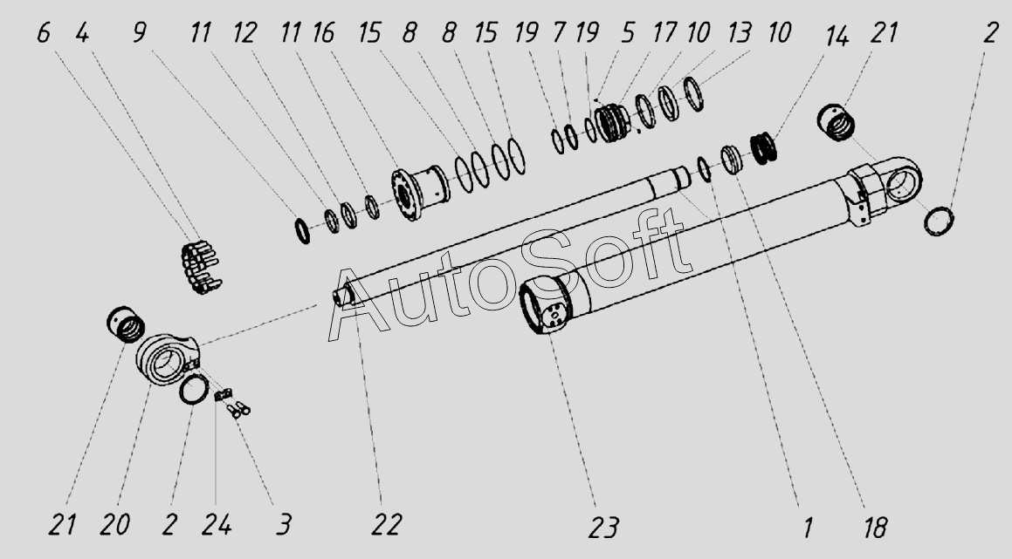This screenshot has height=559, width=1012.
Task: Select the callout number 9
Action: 139,34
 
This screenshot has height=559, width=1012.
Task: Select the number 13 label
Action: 740,34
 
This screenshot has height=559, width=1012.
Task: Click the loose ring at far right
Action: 939,221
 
